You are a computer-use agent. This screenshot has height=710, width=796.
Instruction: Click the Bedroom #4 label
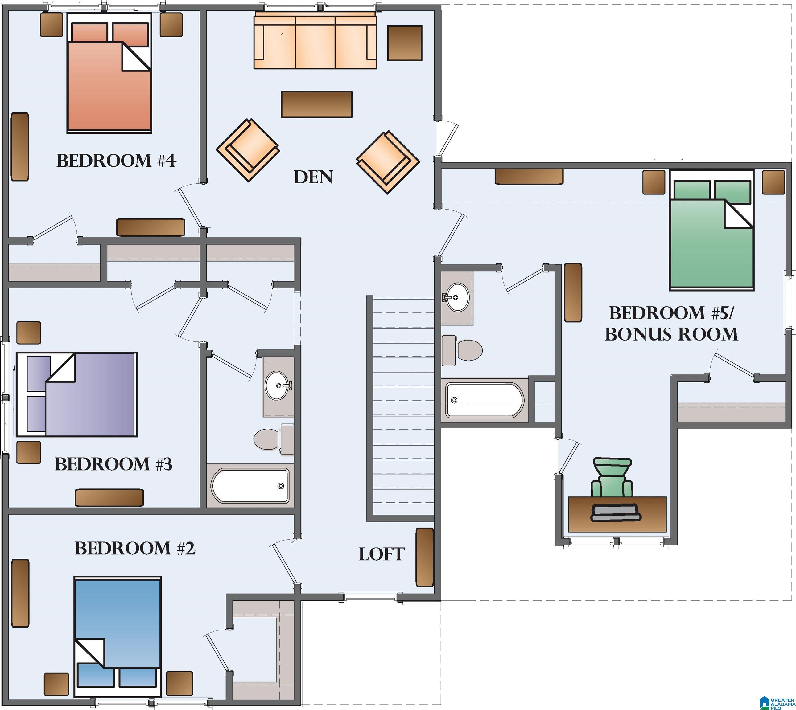coord(116,161)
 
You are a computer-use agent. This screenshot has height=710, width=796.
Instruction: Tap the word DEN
coord(313,177)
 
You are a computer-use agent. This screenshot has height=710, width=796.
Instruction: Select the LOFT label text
coord(382,554)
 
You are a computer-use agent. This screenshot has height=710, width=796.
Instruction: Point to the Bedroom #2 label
coord(135,548)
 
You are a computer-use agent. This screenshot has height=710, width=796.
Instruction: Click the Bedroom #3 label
coord(113,464)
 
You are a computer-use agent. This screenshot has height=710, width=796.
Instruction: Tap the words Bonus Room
coord(671,334)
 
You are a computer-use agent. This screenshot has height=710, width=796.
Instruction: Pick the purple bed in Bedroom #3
coord(76,394)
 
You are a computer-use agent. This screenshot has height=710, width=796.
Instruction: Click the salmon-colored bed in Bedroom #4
coord(109,73)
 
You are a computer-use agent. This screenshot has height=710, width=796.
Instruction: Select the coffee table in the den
coord(317,104)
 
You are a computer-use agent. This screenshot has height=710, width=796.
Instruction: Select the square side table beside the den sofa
coord(404,43)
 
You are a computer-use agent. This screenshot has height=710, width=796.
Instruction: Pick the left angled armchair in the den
coord(248,150)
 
